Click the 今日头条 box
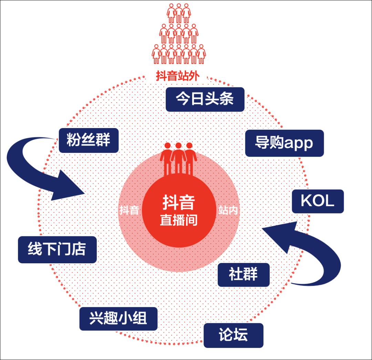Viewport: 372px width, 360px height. tap(205, 99)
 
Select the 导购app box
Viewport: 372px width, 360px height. tap(284, 143)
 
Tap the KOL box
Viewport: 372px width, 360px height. tap(318, 201)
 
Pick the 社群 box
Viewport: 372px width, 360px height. tap(243, 275)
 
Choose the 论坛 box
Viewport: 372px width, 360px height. tap(233, 335)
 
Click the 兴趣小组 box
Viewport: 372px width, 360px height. tap(118, 318)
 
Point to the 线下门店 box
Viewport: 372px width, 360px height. tap(57, 250)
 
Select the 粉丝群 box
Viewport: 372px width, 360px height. tap(89, 140)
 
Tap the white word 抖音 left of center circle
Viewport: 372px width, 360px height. tap(129, 210)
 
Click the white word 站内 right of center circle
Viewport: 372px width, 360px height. tap(228, 210)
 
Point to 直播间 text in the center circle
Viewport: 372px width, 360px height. tap(179, 220)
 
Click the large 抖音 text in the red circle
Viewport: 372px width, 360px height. tap(179, 203)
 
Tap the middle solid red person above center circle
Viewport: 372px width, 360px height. tap(178, 157)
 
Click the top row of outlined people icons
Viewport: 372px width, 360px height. tap(178, 13)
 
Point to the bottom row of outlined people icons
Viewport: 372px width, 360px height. tap(178, 54)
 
